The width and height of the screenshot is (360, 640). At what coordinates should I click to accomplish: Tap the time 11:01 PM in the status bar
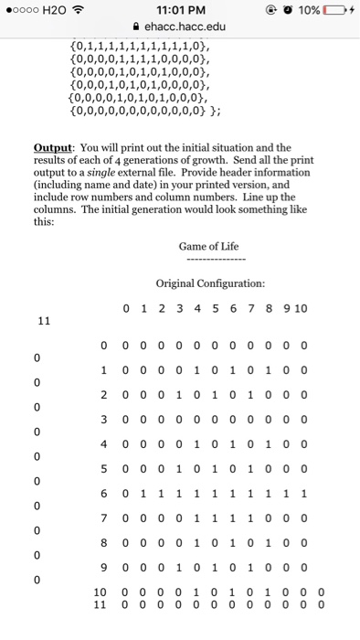[x=179, y=9]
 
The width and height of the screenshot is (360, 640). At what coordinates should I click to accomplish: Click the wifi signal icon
[x=78, y=9]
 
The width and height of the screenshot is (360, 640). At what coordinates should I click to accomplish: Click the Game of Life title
[x=210, y=246]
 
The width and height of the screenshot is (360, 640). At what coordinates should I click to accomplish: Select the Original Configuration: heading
[x=211, y=283]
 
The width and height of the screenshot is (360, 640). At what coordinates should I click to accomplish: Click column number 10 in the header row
[x=299, y=309]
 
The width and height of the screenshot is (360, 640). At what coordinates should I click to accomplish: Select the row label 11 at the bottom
[x=101, y=604]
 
